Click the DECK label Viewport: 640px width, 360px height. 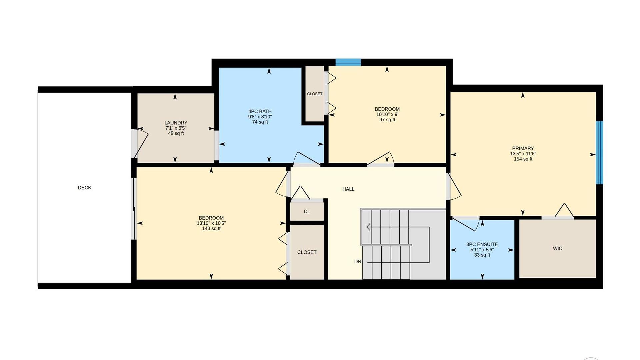pos(84,188)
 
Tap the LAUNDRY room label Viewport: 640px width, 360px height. pos(176,123)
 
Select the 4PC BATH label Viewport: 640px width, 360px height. pos(260,111)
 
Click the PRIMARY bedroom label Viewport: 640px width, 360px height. pos(523,148)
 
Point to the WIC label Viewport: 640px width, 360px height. pos(557,248)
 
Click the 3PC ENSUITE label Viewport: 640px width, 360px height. pos(482,244)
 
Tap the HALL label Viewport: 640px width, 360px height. pos(348,189)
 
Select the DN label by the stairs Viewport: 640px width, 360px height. pos(358,262)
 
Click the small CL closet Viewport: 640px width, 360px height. pos(307,211)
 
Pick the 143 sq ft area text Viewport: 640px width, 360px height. pos(211,228)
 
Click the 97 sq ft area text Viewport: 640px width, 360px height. pos(387,120)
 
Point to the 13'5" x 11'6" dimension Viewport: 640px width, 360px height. pos(523,154)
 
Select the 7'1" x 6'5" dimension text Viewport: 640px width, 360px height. pos(176,128)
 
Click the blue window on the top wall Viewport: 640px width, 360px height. pos(348,62)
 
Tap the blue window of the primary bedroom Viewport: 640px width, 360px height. pos(599,152)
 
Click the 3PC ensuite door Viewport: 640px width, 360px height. pos(466,223)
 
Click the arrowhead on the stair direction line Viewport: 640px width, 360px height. pos(368,227)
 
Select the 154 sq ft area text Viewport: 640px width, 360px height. pos(523,159)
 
